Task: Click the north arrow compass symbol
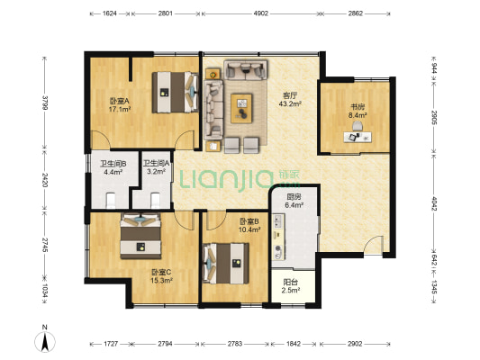point(45,341)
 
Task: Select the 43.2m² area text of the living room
point(290,104)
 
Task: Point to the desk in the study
point(358,137)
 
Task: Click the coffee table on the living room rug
point(241,108)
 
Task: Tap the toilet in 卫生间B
point(111,200)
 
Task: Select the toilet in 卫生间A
point(155,200)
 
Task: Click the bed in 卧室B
point(226,264)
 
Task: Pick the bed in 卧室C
point(140,236)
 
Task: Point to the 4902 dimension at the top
point(261,13)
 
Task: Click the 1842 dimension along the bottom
point(294,344)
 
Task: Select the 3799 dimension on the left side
point(45,103)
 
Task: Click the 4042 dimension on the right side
point(434,203)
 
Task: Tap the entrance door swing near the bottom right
point(373,245)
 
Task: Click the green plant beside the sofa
point(213,75)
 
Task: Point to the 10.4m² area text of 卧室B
point(249,229)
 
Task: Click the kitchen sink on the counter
point(278,220)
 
